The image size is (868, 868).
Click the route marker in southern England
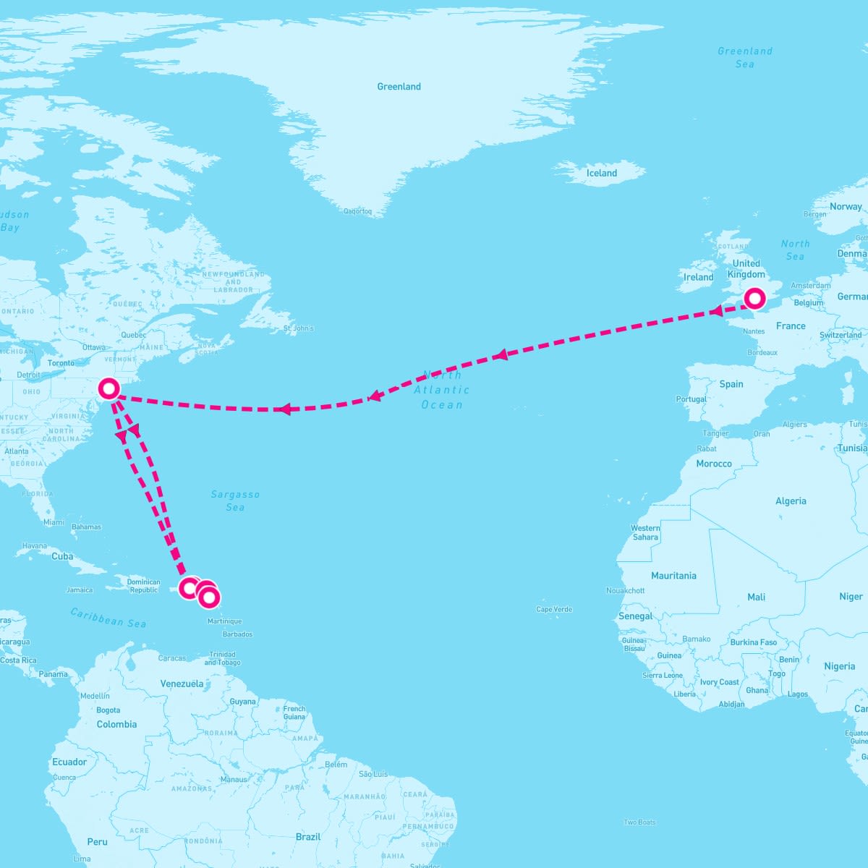coord(754,298)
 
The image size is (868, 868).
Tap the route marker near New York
coord(109,388)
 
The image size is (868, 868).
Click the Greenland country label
coord(399,87)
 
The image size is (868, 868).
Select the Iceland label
coord(602,173)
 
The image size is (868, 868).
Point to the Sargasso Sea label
coord(235,501)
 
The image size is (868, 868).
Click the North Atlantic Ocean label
coord(442,390)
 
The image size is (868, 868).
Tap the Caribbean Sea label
coord(109,617)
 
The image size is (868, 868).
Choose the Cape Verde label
coord(554,609)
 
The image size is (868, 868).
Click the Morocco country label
coord(714,464)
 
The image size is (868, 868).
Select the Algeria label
coord(791,501)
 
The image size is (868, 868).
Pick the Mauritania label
coord(673,576)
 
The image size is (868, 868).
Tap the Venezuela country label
coord(182,684)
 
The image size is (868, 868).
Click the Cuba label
coord(62,556)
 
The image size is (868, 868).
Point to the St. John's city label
coord(299,328)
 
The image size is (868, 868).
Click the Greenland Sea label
coord(745,57)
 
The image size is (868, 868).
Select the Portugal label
coord(691,399)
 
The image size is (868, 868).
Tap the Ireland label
coord(699,277)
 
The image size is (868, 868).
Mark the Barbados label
coord(238,634)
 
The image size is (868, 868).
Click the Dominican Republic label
coord(143,586)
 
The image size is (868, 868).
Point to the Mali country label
coord(757,597)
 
